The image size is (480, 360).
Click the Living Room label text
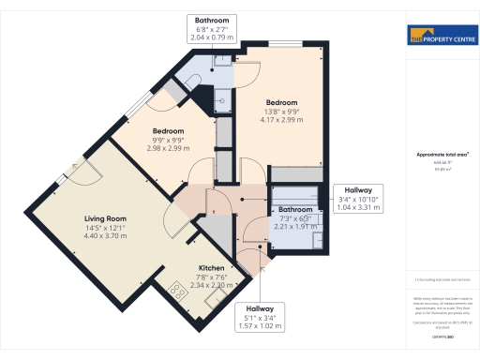[x=103, y=217]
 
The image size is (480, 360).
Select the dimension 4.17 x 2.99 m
[x=281, y=120]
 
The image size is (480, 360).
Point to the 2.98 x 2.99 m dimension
[x=169, y=149]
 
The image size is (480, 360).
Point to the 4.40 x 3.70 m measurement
[x=103, y=235]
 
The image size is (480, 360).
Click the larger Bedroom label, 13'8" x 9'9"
[x=281, y=102]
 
